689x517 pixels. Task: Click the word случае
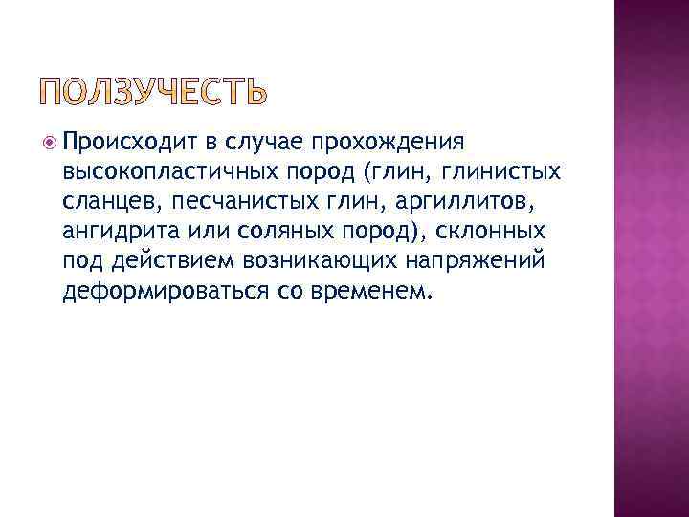pyautogui.click(x=262, y=142)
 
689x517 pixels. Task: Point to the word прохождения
pyautogui.click(x=389, y=143)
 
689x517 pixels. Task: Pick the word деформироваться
pyautogui.click(x=154, y=291)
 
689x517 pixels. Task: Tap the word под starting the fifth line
pyautogui.click(x=79, y=261)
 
